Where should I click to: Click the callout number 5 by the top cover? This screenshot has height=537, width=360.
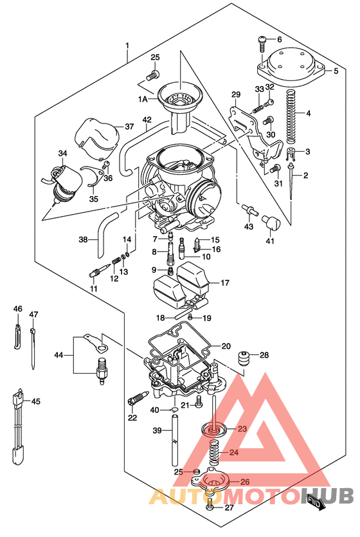[x=336, y=71]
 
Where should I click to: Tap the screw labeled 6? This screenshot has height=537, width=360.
[x=262, y=43]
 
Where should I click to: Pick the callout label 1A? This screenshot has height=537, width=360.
[x=142, y=98]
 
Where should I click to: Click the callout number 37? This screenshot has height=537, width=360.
[x=129, y=126]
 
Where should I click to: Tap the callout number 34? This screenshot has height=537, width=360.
[x=62, y=154]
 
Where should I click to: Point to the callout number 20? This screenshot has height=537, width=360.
[x=226, y=346]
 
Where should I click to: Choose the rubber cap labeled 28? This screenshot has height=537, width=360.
[x=244, y=360]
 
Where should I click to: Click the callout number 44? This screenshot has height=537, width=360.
[x=59, y=355]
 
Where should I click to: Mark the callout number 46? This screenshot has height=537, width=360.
[x=18, y=309]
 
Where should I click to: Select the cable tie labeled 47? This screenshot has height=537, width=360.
[x=32, y=347]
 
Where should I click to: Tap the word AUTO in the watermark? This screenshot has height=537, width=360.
[x=181, y=497]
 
